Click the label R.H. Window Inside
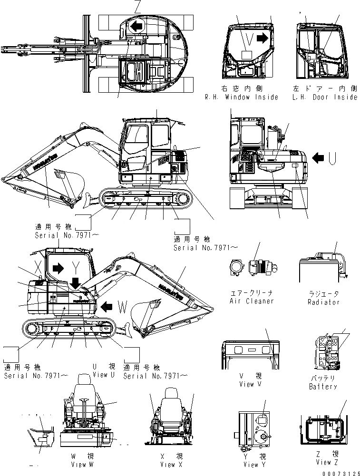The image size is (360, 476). pos(242,97)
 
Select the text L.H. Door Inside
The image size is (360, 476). pos(325,97)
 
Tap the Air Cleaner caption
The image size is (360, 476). pos(252,301)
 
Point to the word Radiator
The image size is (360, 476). pos(323,302)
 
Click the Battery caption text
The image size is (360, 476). pos(322,387)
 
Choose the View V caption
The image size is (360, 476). pos(250,384)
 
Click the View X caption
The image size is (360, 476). pos(168,465)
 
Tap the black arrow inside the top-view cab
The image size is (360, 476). pos(137,27)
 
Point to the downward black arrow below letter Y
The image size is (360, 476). pos(76,283)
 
